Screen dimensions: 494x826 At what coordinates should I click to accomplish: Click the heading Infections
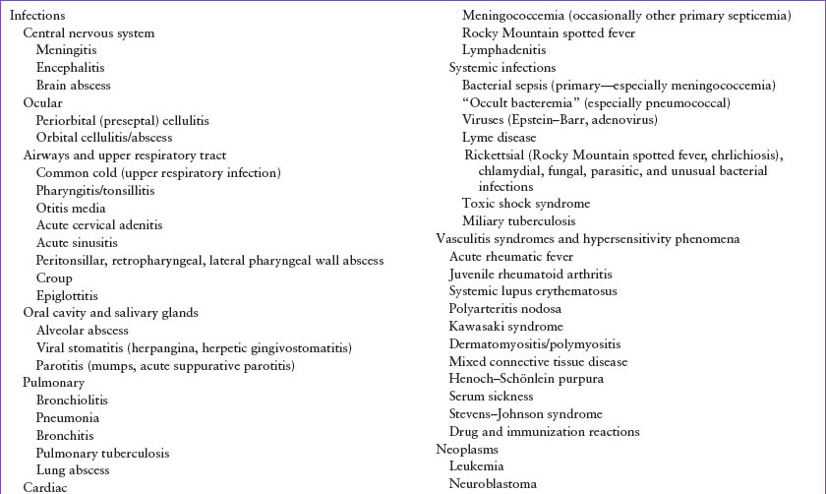tap(37, 16)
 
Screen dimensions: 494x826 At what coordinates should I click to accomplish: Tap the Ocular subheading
tap(43, 102)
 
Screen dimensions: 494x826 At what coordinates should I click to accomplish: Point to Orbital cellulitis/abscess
tap(104, 137)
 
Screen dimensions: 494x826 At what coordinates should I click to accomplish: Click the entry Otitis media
tap(71, 208)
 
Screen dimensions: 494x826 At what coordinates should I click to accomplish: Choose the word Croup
tap(54, 278)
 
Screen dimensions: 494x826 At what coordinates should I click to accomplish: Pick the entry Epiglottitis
tap(67, 295)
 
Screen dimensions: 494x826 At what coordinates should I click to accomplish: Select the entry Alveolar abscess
tap(83, 331)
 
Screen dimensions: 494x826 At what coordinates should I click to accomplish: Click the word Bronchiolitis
tap(73, 401)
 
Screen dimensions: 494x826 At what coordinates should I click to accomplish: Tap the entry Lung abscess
tap(73, 470)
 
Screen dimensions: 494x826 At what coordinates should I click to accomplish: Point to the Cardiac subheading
tap(45, 487)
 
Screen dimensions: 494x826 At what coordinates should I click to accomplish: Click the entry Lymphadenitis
tap(503, 49)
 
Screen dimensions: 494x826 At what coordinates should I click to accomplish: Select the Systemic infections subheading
tap(502, 67)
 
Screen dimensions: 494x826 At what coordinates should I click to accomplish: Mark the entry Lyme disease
tap(499, 137)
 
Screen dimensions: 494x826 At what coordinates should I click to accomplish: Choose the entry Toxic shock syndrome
tap(526, 204)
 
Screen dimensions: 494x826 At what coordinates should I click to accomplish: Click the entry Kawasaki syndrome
tap(505, 326)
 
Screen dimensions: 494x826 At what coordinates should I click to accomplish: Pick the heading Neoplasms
tap(467, 449)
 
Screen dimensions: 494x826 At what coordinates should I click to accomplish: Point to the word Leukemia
tap(477, 465)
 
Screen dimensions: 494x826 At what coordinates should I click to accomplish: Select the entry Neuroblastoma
tap(494, 483)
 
